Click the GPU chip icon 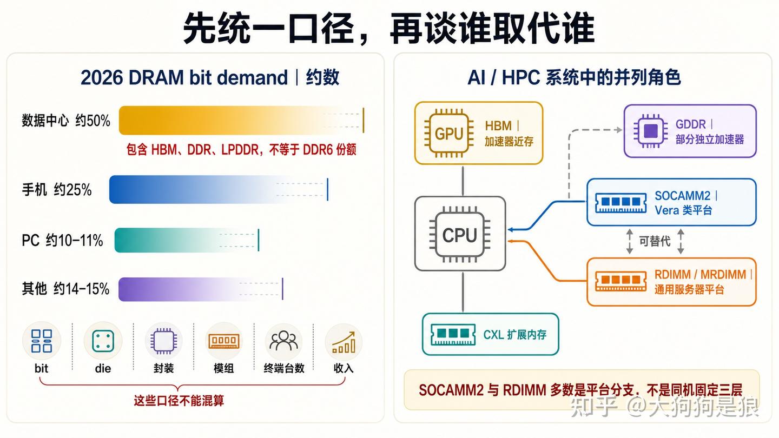coord(448,133)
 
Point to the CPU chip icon coord(460,235)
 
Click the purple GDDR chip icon coord(651,131)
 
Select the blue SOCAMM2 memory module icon coord(620,203)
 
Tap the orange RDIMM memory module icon coord(620,281)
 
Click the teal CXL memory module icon coord(453,334)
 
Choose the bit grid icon coord(41,341)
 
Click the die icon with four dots coord(103,341)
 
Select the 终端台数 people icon coord(284,341)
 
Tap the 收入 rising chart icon coord(344,342)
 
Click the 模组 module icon coord(223,341)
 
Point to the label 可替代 coord(655,241)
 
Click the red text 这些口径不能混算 coord(179,401)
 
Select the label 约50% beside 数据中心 coord(93,121)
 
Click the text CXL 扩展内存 coord(514,334)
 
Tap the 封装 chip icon coord(163,341)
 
